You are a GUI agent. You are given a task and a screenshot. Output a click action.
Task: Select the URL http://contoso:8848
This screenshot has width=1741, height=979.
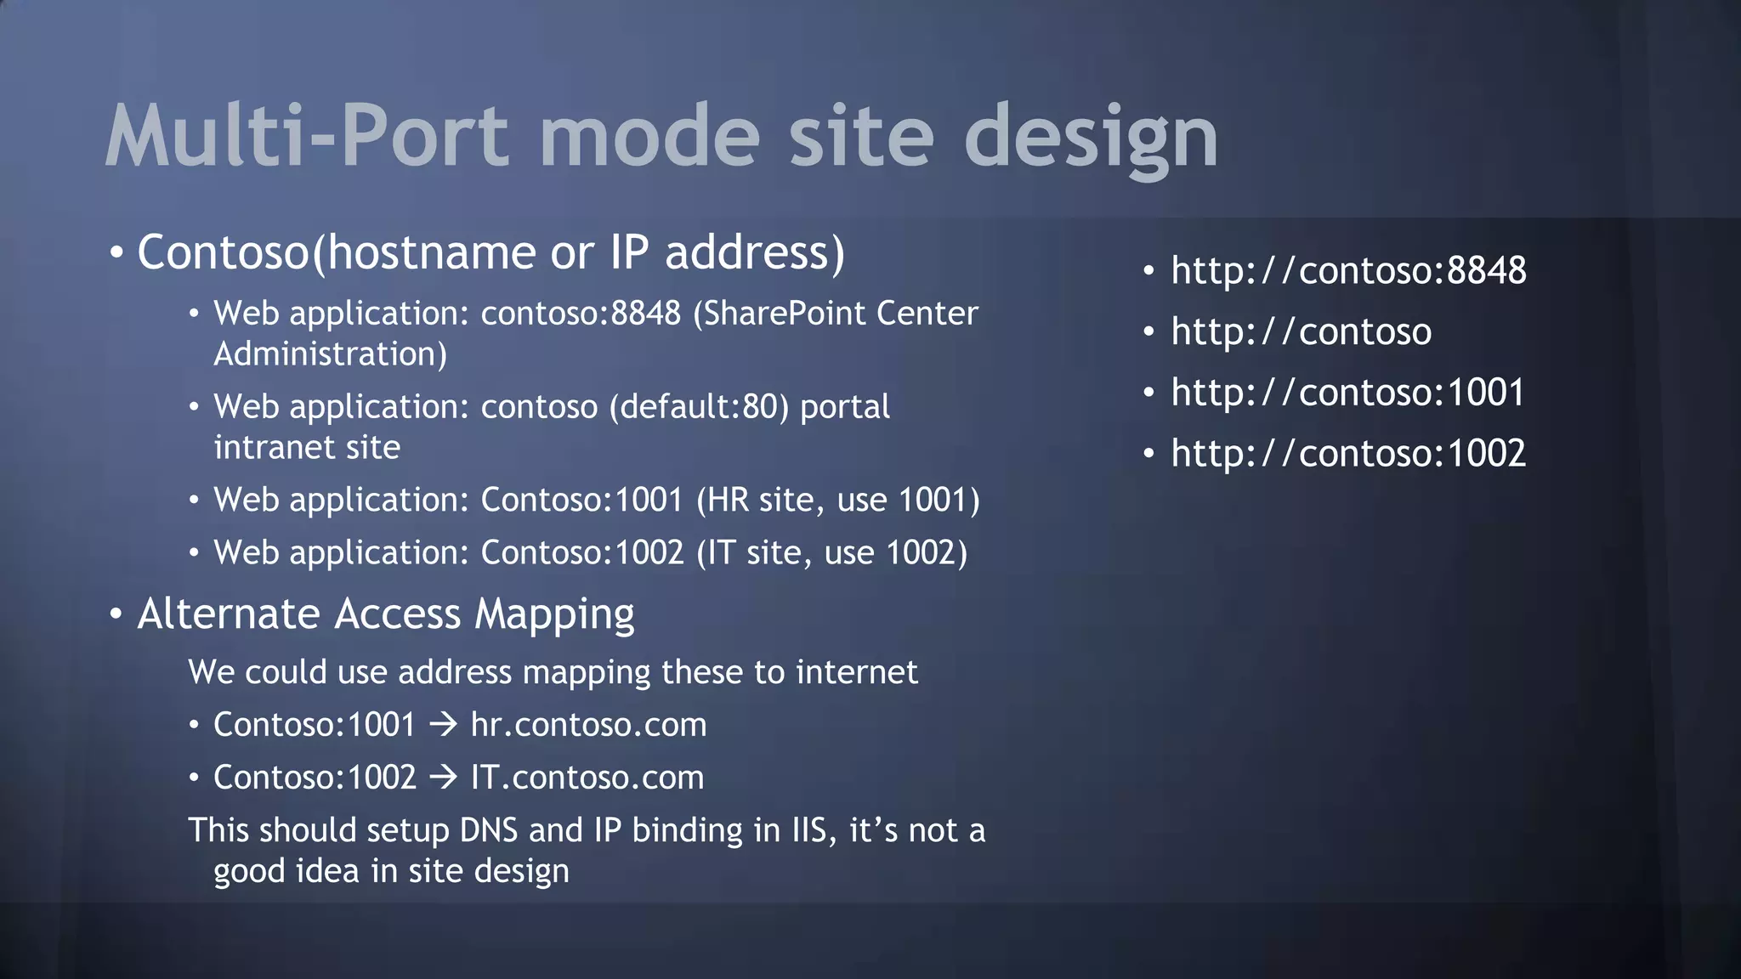tap(1348, 271)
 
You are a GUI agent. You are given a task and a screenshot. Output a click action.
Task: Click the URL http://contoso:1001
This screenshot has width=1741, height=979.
tap(1348, 393)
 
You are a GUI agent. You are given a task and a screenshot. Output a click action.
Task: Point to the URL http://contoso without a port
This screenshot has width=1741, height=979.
tap(1301, 332)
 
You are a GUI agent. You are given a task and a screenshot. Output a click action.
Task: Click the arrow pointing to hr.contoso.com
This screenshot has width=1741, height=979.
tap(443, 725)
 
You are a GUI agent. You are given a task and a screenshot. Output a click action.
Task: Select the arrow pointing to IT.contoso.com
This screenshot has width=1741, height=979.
tap(443, 778)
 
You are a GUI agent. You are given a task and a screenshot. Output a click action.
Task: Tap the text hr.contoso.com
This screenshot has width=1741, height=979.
tap(588, 725)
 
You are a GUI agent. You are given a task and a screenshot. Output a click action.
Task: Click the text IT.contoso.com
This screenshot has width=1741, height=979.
tap(587, 778)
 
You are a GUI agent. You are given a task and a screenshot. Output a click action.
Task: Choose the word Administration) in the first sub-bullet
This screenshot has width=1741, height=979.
tap(330, 354)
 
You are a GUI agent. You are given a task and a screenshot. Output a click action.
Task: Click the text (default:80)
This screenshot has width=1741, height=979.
tap(699, 407)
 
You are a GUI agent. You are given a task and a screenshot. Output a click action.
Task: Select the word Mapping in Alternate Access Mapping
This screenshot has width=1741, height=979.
tap(554, 614)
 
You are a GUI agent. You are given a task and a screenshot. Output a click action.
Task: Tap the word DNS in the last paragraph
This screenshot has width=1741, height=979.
tap(489, 830)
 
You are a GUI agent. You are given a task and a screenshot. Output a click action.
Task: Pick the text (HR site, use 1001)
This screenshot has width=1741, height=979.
tap(838, 501)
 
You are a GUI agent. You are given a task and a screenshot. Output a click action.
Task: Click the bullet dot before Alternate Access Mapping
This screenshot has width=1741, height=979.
tap(116, 614)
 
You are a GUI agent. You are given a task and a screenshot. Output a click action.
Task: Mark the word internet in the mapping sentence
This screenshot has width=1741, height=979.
tap(857, 672)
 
